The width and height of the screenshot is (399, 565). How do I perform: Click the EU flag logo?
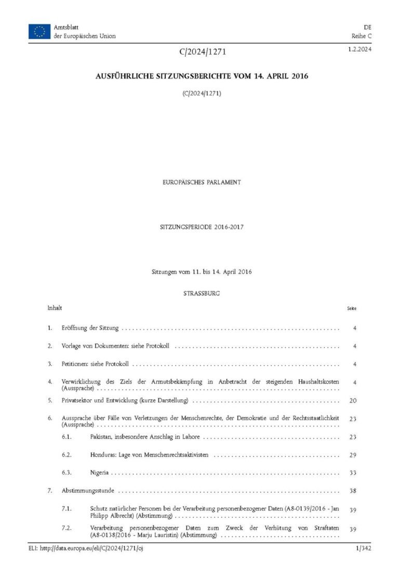coord(39,31)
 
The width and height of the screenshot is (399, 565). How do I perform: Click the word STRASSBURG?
coord(202,294)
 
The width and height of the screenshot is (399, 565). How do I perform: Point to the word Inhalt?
coord(55,308)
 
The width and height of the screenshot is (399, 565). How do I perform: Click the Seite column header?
coord(352,308)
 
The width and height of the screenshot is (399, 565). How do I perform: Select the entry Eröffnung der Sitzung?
coord(90,328)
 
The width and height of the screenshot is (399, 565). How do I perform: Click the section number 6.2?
coord(68,455)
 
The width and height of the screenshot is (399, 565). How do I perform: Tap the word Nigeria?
coord(100,473)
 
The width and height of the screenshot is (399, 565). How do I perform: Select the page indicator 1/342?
coord(362,549)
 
